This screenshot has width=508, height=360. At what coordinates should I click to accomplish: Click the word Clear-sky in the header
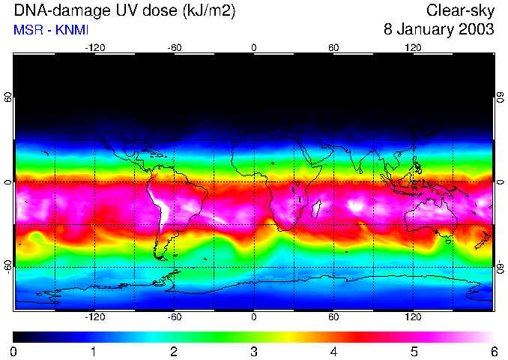point(460,11)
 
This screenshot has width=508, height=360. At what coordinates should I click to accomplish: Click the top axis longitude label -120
point(94,48)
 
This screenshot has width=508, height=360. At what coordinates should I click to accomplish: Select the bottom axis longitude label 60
point(333,316)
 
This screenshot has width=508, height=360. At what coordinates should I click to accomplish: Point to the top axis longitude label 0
point(254,48)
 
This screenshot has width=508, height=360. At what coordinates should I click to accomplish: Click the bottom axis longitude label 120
point(413,316)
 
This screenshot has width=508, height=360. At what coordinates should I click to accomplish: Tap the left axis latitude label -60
point(7,266)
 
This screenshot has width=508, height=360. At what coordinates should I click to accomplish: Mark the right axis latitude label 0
point(500,181)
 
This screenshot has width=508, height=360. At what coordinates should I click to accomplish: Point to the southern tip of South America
point(160,257)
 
